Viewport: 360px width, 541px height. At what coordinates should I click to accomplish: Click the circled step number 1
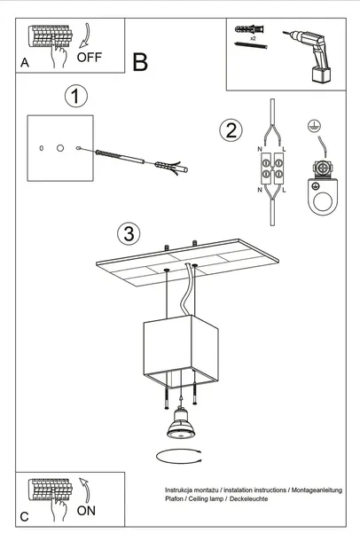[x=76, y=96]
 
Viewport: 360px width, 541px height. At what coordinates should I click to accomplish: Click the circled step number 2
[x=231, y=130]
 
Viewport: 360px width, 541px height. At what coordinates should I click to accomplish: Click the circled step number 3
[x=129, y=234]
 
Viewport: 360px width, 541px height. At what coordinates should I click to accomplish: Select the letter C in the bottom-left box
[x=24, y=515]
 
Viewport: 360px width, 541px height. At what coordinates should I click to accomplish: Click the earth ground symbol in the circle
[x=312, y=127]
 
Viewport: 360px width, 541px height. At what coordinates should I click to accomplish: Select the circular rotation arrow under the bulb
[x=180, y=456]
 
